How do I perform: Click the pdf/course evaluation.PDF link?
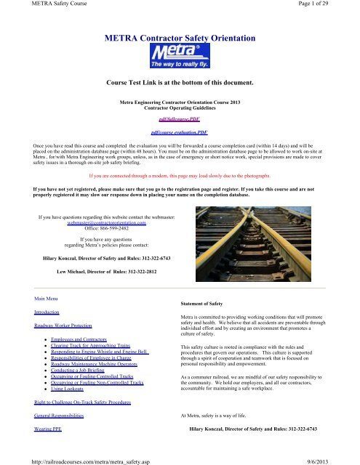click(x=179, y=134)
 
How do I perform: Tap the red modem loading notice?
click(x=179, y=176)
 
